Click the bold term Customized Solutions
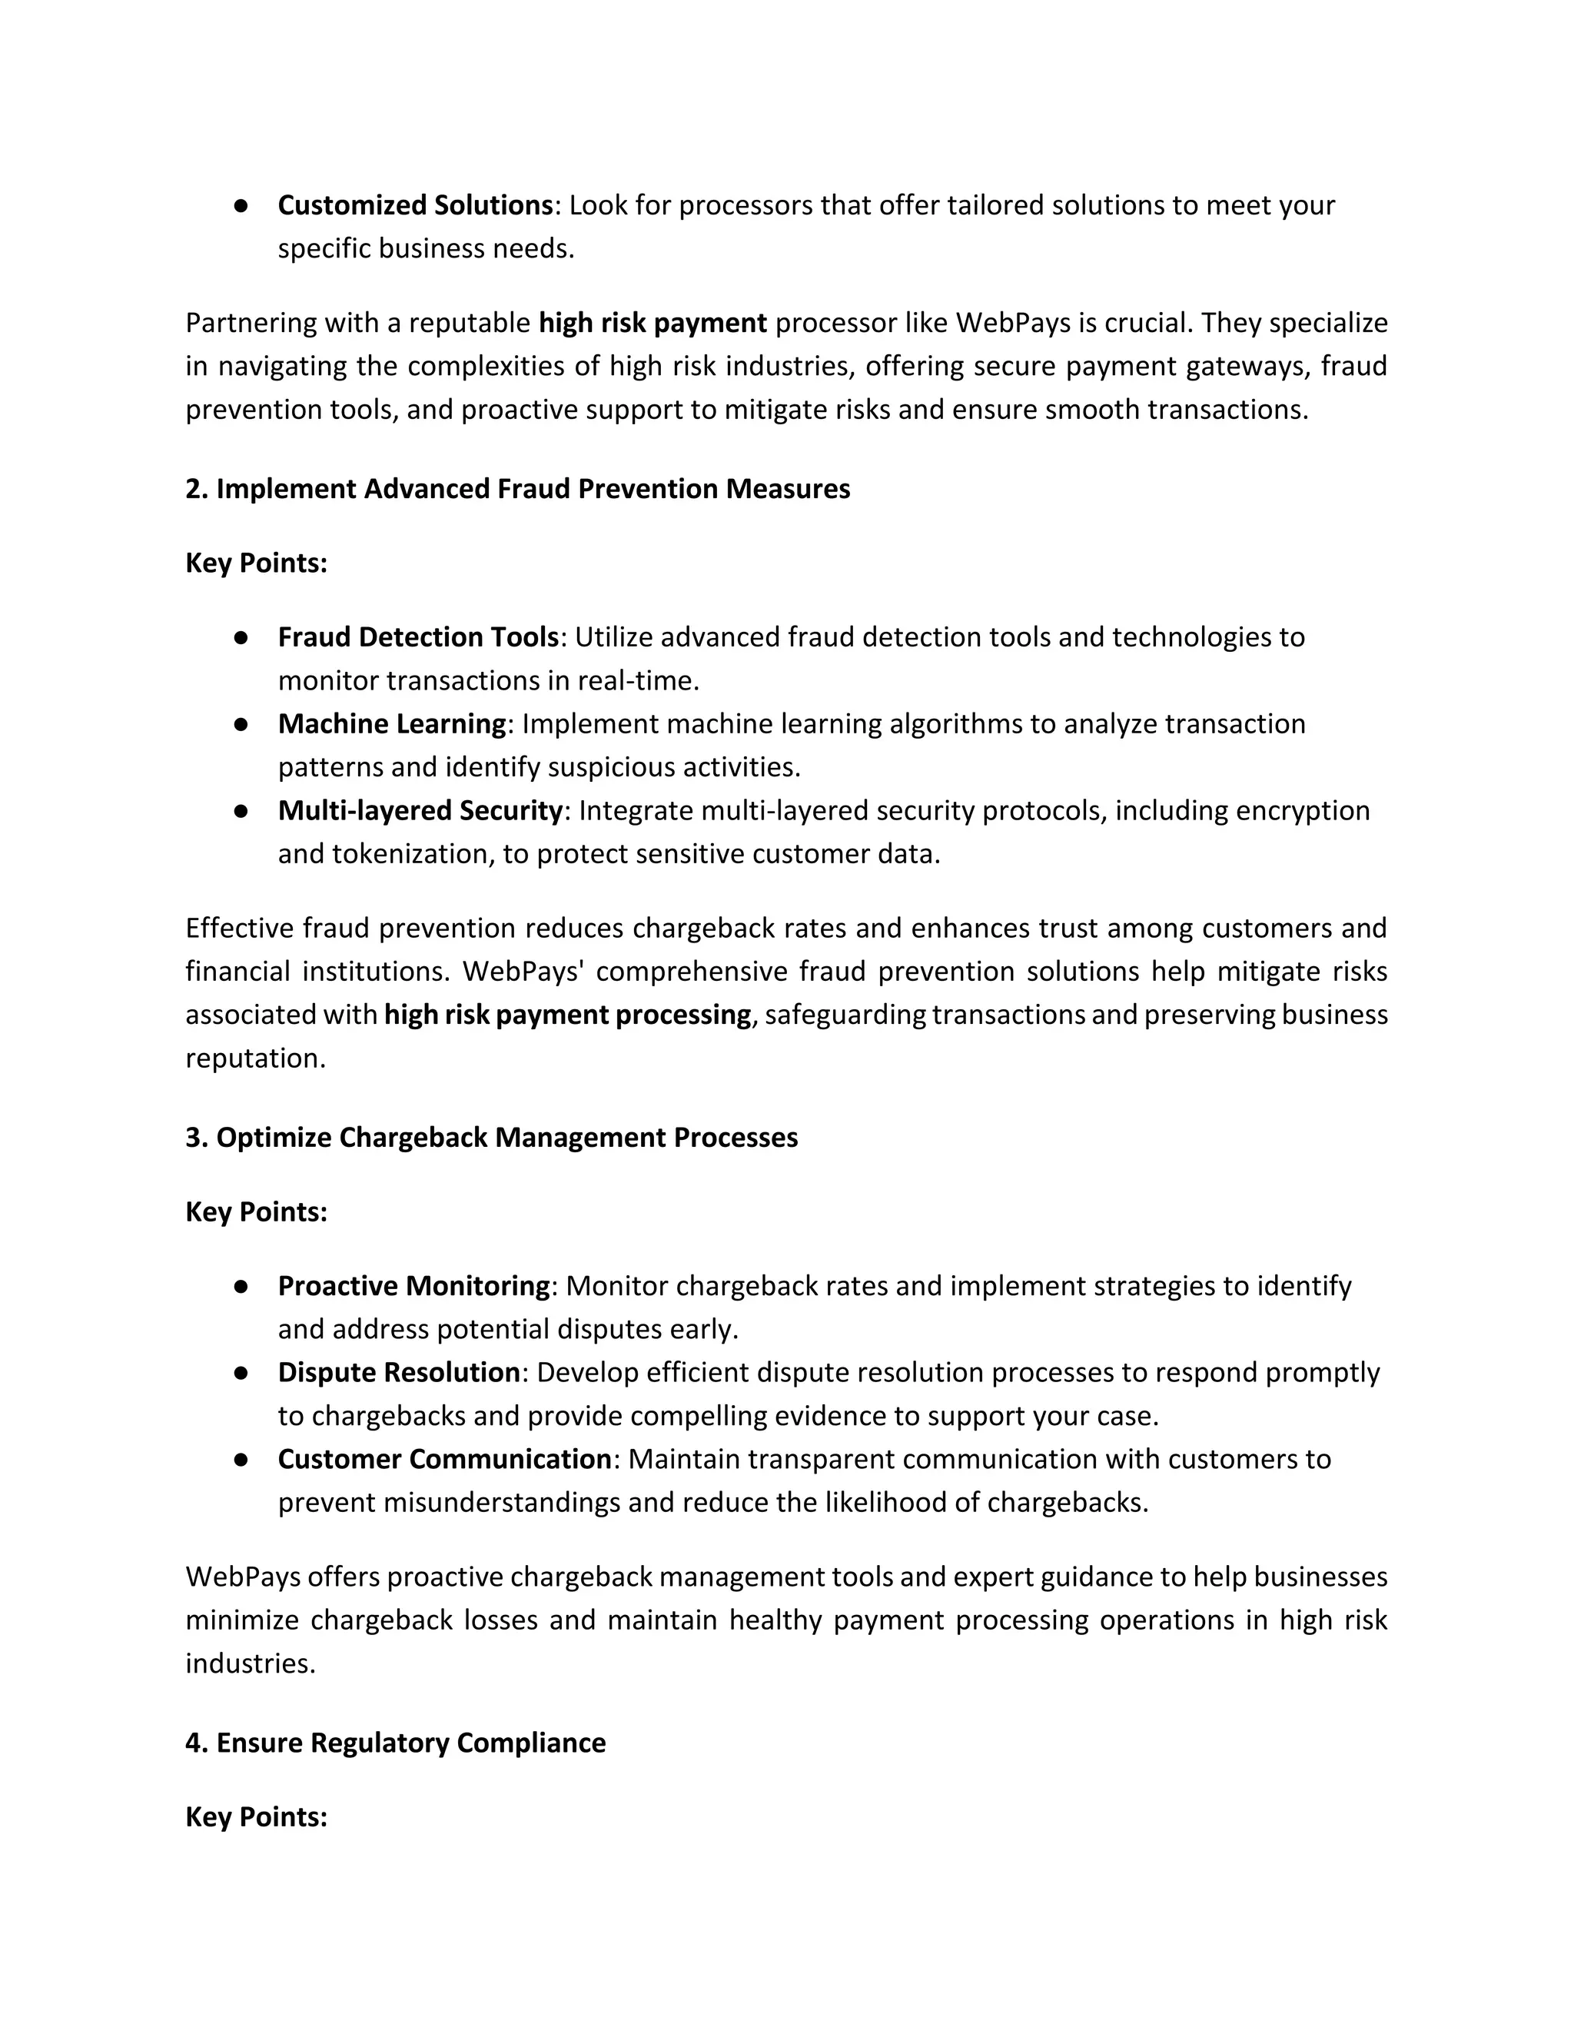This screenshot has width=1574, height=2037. (x=415, y=205)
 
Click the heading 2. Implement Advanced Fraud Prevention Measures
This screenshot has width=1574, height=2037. (x=517, y=489)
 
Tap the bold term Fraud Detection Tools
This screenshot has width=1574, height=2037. (x=418, y=637)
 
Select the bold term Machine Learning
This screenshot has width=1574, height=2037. (x=392, y=724)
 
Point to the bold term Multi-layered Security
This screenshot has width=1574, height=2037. (x=420, y=810)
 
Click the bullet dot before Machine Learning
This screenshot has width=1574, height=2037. (x=241, y=724)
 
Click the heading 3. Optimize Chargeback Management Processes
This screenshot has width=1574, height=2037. (x=491, y=1137)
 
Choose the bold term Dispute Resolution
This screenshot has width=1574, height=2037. (x=398, y=1372)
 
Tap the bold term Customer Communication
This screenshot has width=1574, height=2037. (x=444, y=1459)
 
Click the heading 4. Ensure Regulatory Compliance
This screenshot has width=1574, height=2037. (x=395, y=1743)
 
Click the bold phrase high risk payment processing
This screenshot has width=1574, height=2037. (x=567, y=1015)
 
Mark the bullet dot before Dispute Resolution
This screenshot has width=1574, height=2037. (x=241, y=1372)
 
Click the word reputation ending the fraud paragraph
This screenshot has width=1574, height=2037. (x=254, y=1058)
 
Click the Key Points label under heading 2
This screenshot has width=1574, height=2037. (x=257, y=563)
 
